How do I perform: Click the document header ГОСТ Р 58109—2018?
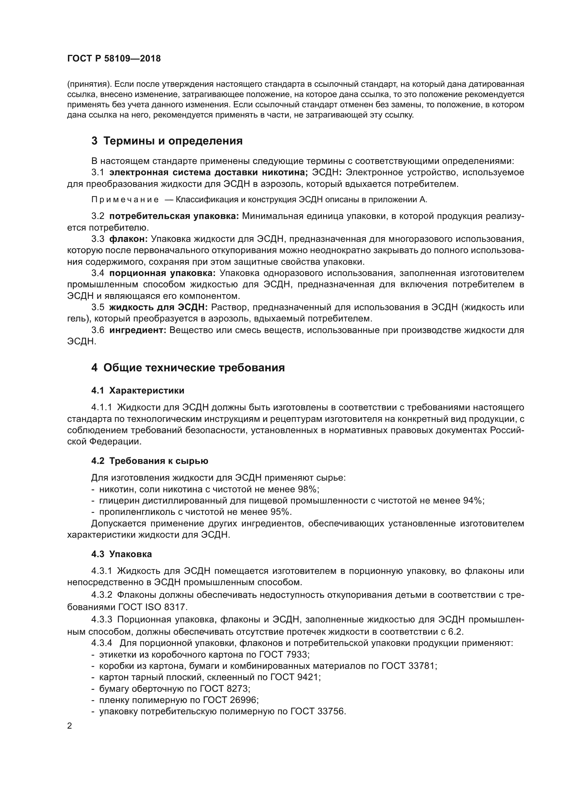tap(114, 58)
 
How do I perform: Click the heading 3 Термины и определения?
tap(167, 141)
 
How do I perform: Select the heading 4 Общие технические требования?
tap(188, 368)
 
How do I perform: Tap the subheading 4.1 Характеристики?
tap(138, 390)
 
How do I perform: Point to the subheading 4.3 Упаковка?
tap(121, 554)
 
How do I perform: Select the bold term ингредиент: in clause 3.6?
tap(138, 330)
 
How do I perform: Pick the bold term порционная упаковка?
tap(163, 273)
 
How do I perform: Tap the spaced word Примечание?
tap(125, 200)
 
